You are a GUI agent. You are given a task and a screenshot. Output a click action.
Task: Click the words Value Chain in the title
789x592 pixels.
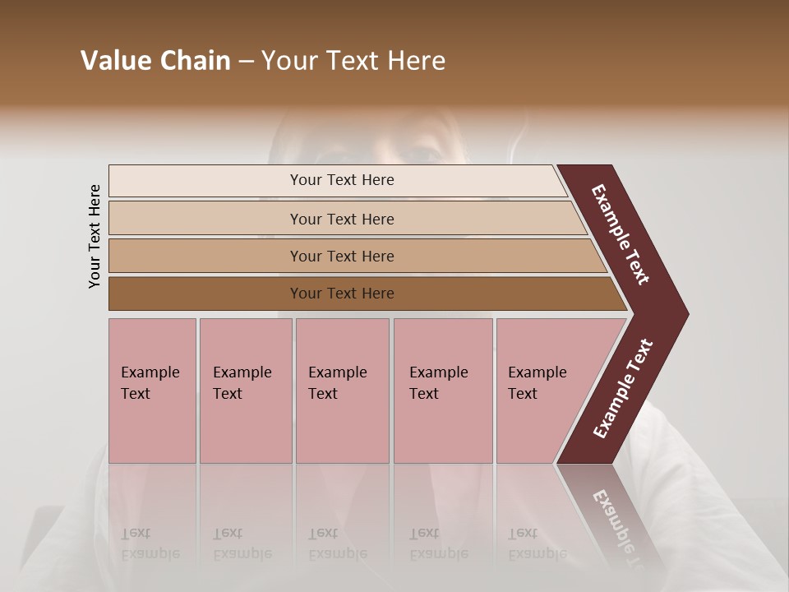point(155,61)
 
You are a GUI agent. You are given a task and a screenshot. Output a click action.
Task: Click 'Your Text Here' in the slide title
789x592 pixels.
point(353,61)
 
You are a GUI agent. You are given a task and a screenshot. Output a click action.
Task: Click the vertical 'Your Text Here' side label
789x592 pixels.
point(95,236)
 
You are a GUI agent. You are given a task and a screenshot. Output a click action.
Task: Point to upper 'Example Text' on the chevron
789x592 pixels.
point(621,234)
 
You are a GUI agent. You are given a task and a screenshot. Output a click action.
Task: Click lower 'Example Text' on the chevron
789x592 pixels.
point(623,389)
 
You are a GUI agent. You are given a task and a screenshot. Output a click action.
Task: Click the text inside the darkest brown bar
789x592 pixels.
point(342,294)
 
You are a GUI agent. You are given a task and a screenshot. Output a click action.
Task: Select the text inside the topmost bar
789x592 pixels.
point(342,180)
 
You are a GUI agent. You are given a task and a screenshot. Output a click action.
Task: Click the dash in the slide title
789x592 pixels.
point(246,62)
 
